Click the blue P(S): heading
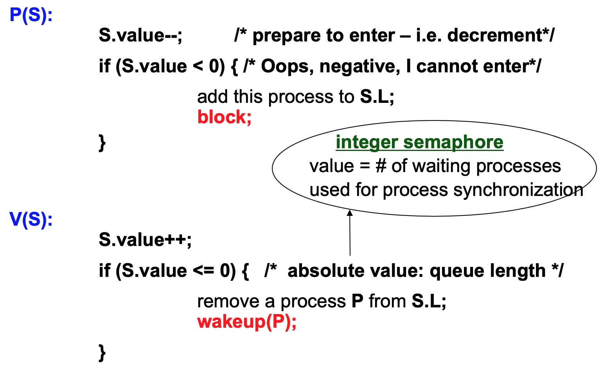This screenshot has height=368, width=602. pyautogui.click(x=31, y=16)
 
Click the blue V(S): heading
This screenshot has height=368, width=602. pyautogui.click(x=31, y=219)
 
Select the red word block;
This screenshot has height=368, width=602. pyautogui.click(x=224, y=117)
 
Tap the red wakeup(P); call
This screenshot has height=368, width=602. pyautogui.click(x=247, y=322)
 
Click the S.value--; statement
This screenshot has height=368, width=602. pyautogui.click(x=140, y=36)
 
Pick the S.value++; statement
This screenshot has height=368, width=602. pyautogui.click(x=145, y=239)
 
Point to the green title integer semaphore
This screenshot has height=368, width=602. pyautogui.click(x=419, y=142)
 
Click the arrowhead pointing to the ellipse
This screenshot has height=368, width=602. pyautogui.click(x=350, y=213)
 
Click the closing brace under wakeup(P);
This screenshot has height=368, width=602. pyautogui.click(x=102, y=352)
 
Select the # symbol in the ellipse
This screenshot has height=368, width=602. pyautogui.click(x=381, y=166)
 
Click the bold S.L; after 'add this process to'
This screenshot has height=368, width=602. pyautogui.click(x=377, y=97)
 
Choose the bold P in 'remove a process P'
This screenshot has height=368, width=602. pyautogui.click(x=357, y=302)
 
